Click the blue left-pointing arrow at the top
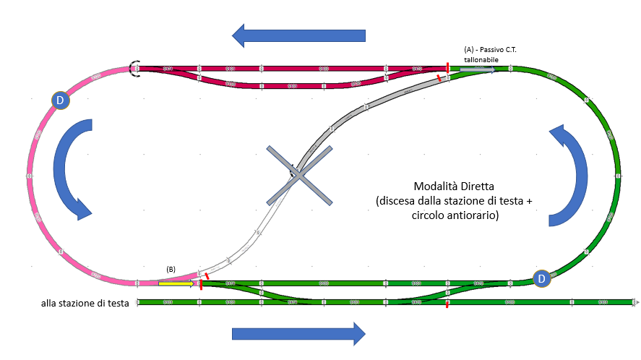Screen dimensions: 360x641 point(298,35)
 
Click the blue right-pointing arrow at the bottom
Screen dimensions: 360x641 point(298,333)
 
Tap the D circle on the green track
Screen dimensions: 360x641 point(541,278)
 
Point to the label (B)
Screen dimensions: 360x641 point(171,269)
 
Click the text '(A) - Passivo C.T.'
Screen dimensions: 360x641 point(491,49)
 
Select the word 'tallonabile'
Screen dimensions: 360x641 point(481,59)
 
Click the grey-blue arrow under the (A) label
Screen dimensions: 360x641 point(478,69)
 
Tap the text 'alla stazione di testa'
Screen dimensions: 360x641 point(85,304)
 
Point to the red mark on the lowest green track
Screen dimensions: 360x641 point(447,304)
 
